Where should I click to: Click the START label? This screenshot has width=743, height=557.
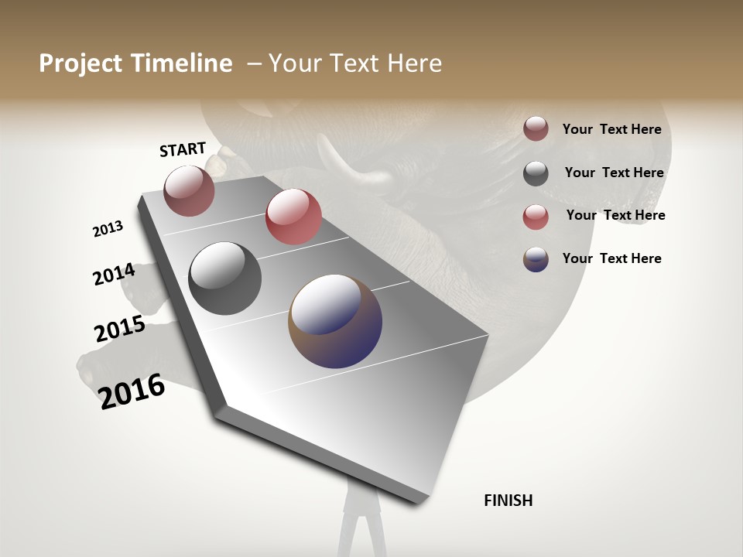(x=183, y=149)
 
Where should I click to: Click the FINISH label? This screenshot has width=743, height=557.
(x=508, y=501)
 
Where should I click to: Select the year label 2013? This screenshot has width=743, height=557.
(x=108, y=229)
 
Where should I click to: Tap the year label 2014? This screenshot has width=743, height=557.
(x=114, y=275)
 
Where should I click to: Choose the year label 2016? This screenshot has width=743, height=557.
(x=132, y=391)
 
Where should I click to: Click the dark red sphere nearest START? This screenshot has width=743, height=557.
(x=189, y=190)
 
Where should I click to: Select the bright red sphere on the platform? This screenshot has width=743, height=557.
(x=293, y=217)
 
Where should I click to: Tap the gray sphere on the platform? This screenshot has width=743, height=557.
(x=224, y=278)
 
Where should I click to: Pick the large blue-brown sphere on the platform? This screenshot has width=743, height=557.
(x=335, y=321)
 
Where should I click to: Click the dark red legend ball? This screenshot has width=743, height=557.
(x=536, y=128)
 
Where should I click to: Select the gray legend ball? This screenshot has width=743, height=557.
(x=536, y=173)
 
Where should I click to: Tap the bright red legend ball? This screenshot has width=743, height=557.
(x=536, y=217)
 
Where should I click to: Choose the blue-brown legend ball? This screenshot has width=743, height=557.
(x=536, y=259)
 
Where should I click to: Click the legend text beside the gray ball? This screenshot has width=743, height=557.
(x=614, y=173)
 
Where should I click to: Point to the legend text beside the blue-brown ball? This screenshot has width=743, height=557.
(x=611, y=258)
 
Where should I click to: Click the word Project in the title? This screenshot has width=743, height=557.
(x=78, y=63)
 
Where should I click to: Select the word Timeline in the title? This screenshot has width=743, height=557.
(x=183, y=63)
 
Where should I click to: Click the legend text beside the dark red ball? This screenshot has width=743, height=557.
(x=611, y=129)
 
